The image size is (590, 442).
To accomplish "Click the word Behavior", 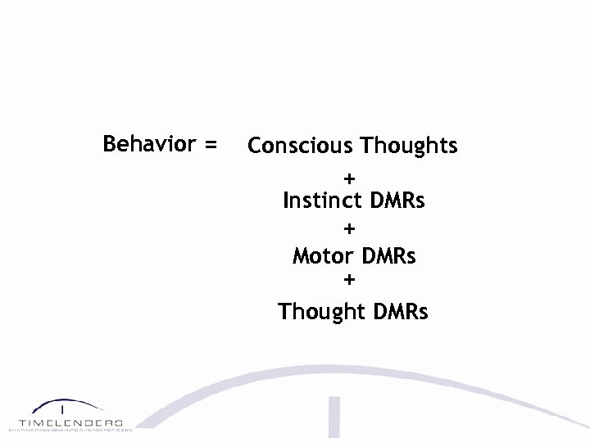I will click(149, 144).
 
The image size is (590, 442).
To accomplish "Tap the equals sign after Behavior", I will click(211, 146).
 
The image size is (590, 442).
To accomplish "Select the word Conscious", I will click(300, 146).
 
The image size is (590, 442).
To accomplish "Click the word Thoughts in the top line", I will click(409, 147).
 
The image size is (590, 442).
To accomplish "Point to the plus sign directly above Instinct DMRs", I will click(350, 177).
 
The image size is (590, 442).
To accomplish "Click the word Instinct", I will click(323, 201).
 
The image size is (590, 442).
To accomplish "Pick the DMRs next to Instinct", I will click(397, 201).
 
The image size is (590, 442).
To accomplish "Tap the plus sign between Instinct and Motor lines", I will click(350, 228).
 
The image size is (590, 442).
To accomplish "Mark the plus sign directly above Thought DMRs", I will click(350, 280).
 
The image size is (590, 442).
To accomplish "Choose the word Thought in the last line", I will click(321, 312).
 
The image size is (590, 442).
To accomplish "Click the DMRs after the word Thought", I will click(400, 312).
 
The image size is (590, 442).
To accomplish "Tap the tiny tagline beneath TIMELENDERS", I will click(70, 429).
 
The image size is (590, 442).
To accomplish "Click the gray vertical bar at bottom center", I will click(334, 417).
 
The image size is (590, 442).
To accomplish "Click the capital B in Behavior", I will click(110, 144).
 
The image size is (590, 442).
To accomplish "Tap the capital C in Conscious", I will click(255, 146).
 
